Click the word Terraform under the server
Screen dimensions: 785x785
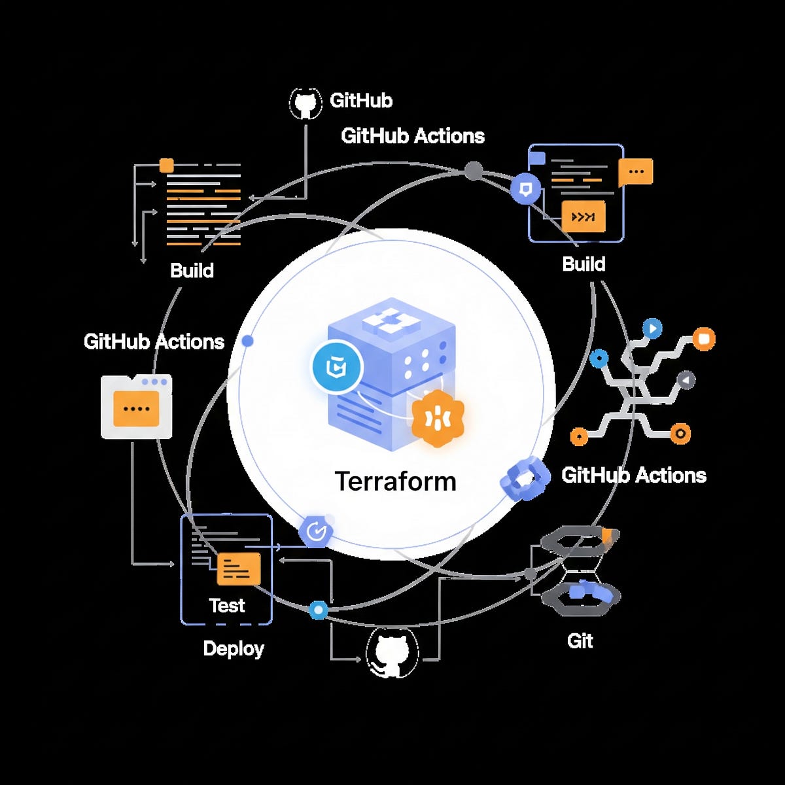coord(395,481)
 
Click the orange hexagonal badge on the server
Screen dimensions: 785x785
coord(438,419)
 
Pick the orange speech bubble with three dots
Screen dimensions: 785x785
coord(635,172)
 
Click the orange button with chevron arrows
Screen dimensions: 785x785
coord(583,217)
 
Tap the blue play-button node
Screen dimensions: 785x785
coord(652,328)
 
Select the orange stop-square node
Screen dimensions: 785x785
coord(704,339)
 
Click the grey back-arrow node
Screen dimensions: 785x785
coord(685,380)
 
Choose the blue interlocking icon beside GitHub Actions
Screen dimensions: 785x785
coord(525,479)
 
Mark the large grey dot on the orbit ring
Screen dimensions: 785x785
coord(474,171)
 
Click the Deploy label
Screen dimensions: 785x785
coord(234,648)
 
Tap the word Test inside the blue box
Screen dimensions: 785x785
coord(227,606)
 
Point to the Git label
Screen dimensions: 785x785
coord(580,640)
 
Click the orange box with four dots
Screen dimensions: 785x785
coord(136,408)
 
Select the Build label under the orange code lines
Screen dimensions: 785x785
coord(192,270)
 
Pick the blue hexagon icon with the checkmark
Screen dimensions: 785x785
coord(317,531)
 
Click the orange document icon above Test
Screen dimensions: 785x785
coord(238,568)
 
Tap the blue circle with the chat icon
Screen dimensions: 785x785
coord(525,189)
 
